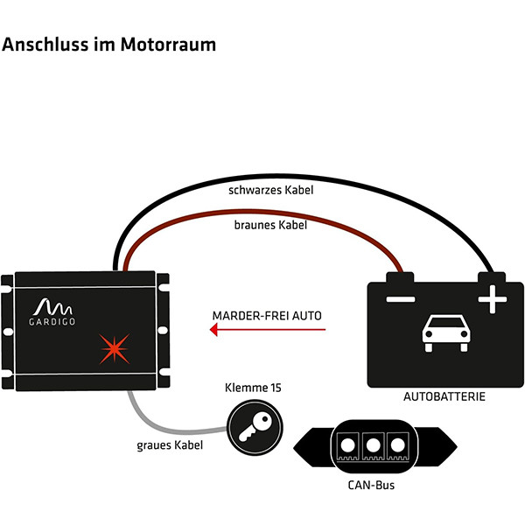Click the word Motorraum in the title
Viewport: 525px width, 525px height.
[x=168, y=45]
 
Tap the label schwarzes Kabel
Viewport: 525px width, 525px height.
[x=271, y=190]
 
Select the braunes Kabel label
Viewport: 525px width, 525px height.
[x=270, y=225]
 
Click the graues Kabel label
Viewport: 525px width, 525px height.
[x=170, y=445]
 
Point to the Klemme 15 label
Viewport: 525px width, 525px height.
[x=253, y=388]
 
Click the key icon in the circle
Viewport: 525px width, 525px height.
[x=255, y=427]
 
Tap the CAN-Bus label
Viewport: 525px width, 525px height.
[x=371, y=485]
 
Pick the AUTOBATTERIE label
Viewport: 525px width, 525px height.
[x=444, y=396]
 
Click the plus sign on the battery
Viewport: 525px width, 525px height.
[x=492, y=299]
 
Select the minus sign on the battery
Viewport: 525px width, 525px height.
[x=401, y=299]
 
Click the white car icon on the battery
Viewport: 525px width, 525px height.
[x=446, y=333]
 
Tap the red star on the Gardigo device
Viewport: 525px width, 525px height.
[x=115, y=349]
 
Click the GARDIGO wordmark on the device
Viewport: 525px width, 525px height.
[x=52, y=322]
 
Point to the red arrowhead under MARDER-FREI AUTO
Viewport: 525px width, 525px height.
[x=214, y=330]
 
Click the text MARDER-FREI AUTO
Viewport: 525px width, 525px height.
[x=267, y=316]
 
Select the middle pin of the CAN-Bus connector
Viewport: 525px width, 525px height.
[x=373, y=445]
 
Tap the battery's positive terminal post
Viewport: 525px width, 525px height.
[x=492, y=277]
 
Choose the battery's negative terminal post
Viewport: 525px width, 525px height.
[x=400, y=277]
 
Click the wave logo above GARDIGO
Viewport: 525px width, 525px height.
[x=52, y=307]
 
